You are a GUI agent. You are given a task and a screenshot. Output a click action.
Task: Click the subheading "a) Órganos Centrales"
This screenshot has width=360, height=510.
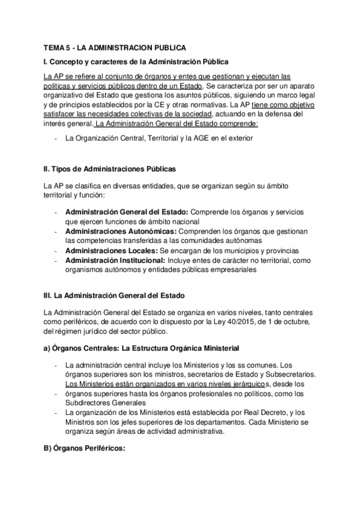click(x=81, y=347)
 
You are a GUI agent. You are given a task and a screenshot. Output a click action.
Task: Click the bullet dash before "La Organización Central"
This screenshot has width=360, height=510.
click(x=55, y=138)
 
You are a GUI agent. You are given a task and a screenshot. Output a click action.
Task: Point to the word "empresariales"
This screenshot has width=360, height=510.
click(x=234, y=270)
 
